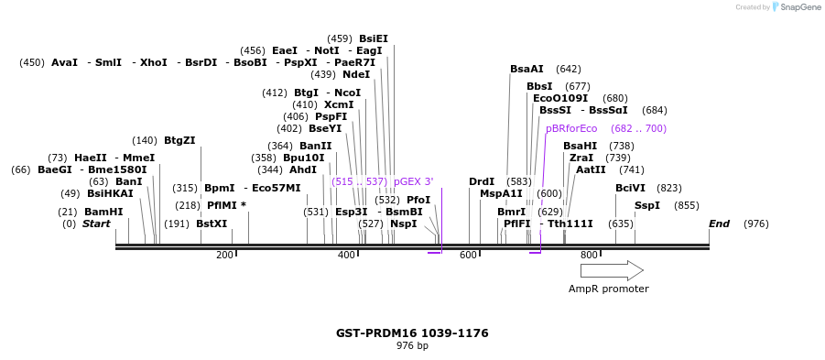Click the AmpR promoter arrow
[x=612, y=270]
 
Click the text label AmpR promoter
[x=608, y=289]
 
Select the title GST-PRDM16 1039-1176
[x=412, y=333]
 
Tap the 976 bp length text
[x=412, y=346]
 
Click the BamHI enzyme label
[x=103, y=212]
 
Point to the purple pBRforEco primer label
[x=571, y=128]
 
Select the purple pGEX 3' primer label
[x=413, y=181]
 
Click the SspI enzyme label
[x=646, y=205]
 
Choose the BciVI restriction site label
[x=630, y=188]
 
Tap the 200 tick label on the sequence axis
[x=224, y=256]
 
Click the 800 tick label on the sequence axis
[x=589, y=256]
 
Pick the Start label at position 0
[x=96, y=224]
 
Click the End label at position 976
[x=719, y=224]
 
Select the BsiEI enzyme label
[x=373, y=38]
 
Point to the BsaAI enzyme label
[x=526, y=69]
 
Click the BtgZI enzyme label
[x=179, y=140]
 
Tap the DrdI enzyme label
[x=482, y=181]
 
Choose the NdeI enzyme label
[x=355, y=74]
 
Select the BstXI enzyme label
[x=212, y=224]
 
